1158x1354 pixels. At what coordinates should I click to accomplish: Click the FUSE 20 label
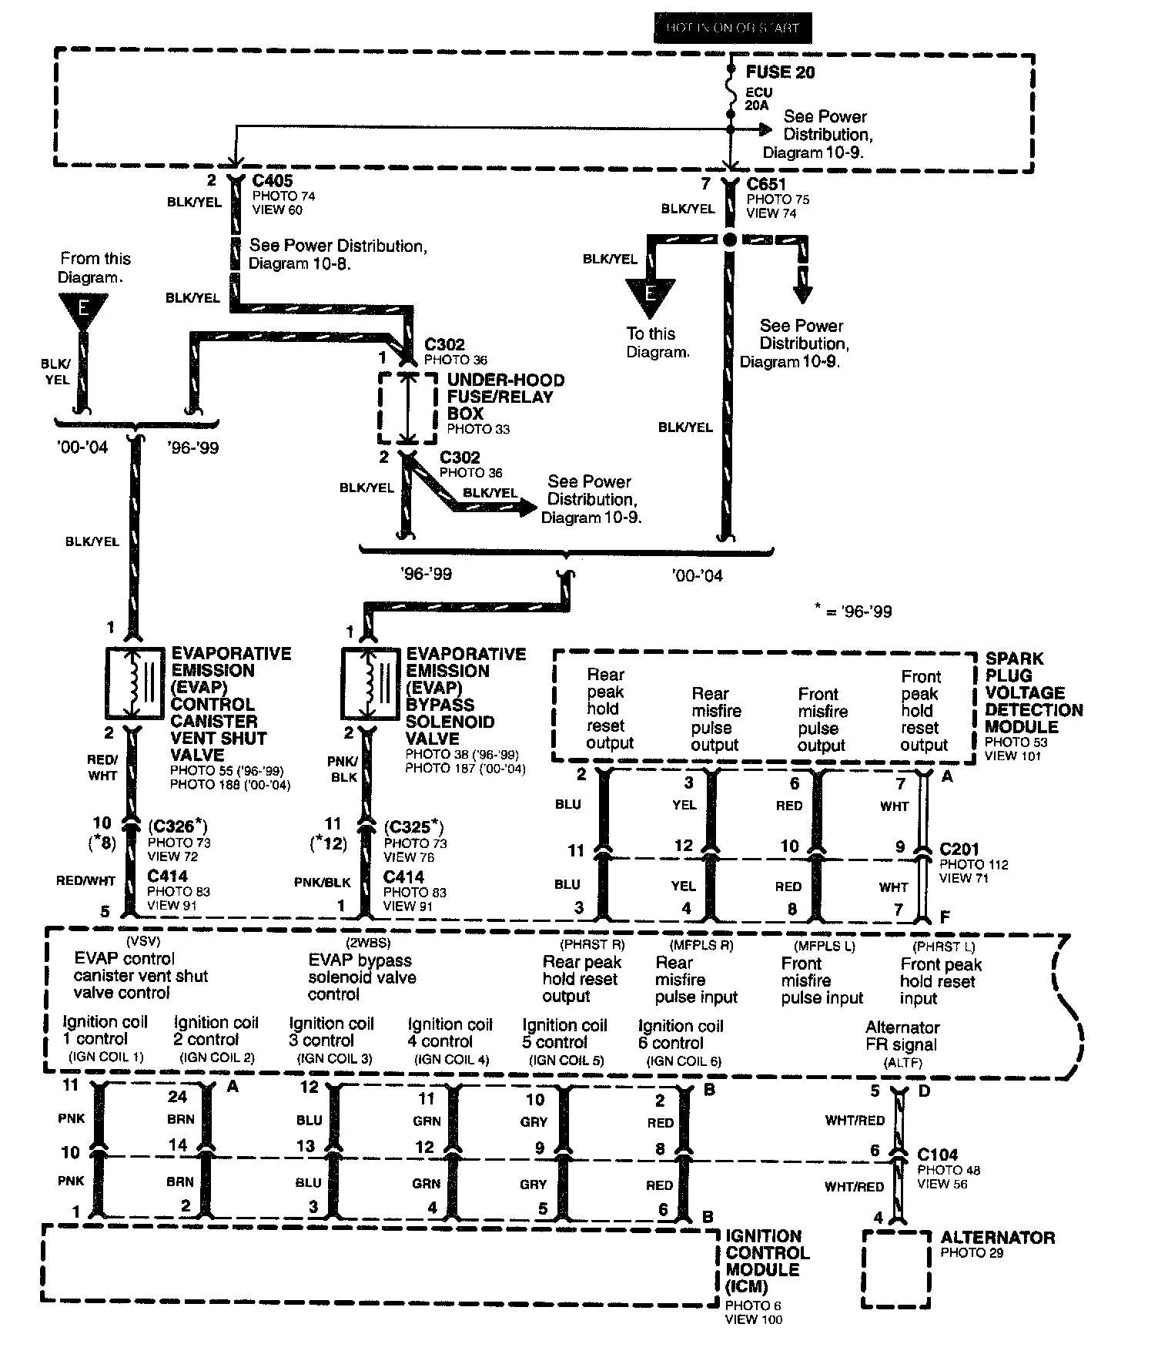point(780,72)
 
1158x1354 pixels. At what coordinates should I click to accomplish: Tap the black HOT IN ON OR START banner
point(732,28)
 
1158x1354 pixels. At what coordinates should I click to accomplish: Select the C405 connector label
point(273,181)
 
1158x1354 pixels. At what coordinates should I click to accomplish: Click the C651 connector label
point(767,185)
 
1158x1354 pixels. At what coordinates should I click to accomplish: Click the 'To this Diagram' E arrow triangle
point(651,295)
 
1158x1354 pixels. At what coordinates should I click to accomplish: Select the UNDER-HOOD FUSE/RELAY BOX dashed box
point(407,408)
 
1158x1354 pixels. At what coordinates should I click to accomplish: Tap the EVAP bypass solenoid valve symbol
point(371,682)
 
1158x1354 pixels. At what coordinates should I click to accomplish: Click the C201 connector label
point(959,850)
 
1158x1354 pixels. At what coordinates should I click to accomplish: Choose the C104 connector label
point(938,1155)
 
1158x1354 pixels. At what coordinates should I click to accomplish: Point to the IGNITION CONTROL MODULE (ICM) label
point(767,1261)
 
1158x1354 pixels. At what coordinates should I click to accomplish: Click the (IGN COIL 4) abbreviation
point(451,1059)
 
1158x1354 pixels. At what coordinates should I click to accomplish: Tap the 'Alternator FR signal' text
point(902,1036)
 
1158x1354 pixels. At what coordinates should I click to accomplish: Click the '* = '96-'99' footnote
point(853,612)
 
